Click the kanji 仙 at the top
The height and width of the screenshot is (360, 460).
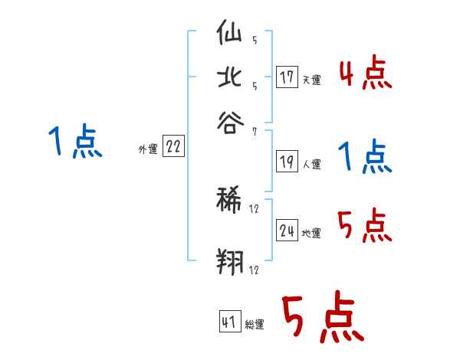[x=231, y=35]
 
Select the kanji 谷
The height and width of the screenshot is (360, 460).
[x=231, y=122]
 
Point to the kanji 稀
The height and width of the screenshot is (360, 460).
[x=231, y=201]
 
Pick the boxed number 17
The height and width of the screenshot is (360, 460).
[x=287, y=77]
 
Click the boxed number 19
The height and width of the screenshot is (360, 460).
[x=287, y=162]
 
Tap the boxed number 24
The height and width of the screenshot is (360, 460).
[x=287, y=232]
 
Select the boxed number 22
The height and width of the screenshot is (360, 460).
[x=173, y=147]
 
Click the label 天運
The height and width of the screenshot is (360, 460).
[x=311, y=80]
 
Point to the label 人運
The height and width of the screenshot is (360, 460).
[x=311, y=164]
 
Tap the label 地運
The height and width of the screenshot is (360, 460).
[x=311, y=234]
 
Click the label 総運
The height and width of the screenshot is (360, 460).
[x=255, y=324]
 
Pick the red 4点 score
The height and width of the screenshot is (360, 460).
[x=365, y=75]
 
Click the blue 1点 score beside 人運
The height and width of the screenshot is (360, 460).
[x=364, y=158]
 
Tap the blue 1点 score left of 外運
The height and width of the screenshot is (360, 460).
[x=75, y=142]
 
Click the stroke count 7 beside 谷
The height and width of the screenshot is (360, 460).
[x=254, y=131]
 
